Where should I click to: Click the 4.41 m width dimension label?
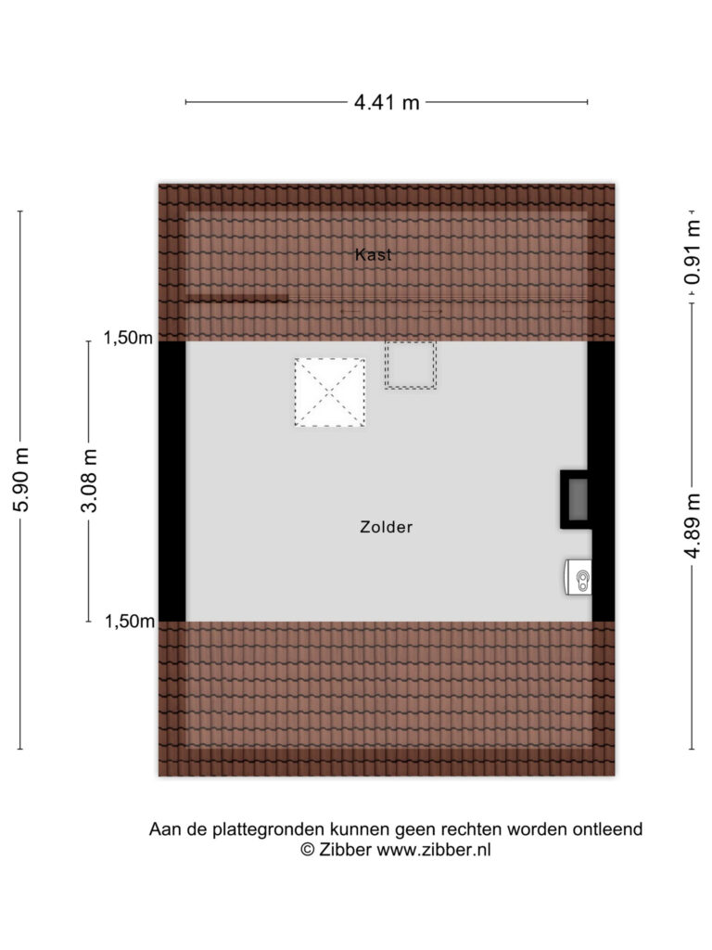pos(387,102)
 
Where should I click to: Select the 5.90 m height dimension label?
pos(21,480)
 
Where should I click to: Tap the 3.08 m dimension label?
pos(89,481)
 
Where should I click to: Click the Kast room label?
pos(373,254)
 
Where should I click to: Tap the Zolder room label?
pos(387,527)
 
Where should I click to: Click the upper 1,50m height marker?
pos(128,338)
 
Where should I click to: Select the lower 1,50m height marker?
pos(130,621)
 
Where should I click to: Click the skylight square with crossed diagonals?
pos(330,392)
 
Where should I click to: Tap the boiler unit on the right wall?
pos(578,576)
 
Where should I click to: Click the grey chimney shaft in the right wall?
pos(578,499)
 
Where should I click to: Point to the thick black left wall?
pos(172,481)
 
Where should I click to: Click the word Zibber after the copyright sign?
pos(345,850)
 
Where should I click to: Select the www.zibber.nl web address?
pos(434,850)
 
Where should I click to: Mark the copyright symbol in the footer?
pos(308,850)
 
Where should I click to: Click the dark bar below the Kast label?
pos(236,298)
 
